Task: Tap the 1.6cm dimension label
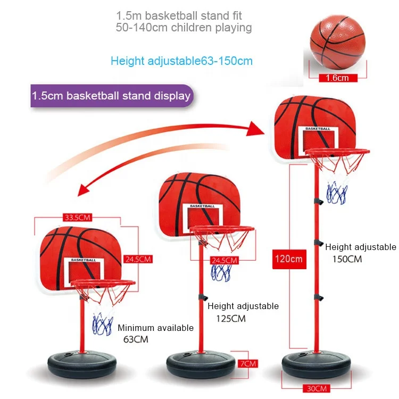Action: point(337,78)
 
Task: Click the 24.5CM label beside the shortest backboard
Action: point(138,259)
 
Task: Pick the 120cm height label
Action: point(288,259)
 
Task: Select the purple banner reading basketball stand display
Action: point(111,96)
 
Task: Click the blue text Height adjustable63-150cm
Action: point(181,61)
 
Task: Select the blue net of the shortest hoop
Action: point(102,325)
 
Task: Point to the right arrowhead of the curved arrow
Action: point(258,128)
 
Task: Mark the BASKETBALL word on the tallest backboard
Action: point(318,129)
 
